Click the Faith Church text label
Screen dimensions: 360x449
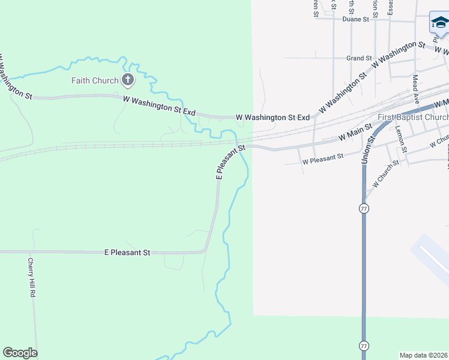tap(95, 80)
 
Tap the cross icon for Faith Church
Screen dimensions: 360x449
tap(127, 79)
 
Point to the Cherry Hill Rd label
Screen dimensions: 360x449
tap(32, 278)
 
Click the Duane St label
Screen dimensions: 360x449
tap(355, 19)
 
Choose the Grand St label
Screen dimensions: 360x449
tap(359, 58)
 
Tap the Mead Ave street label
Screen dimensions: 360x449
tap(415, 87)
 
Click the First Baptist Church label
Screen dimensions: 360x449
tap(413, 117)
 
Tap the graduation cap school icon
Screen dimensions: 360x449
tap(439, 23)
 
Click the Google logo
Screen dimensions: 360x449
tap(20, 353)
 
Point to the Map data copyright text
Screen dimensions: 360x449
tap(424, 355)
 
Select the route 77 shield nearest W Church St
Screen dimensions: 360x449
tap(364, 208)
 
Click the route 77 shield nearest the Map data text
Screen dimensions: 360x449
tap(364, 346)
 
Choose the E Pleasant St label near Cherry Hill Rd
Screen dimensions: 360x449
tap(127, 253)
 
